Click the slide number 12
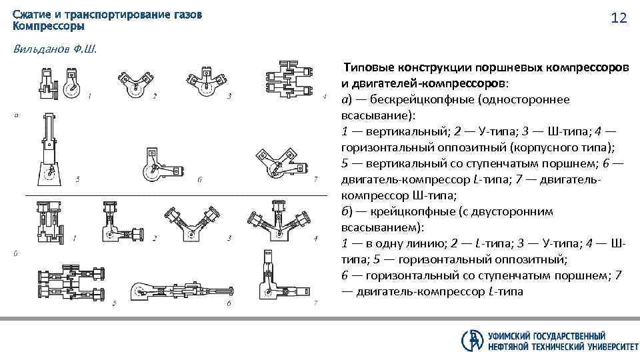(619, 18)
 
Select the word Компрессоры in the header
(49, 27)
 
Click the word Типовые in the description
(369, 68)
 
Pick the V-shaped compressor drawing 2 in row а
(135, 83)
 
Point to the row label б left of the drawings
(16, 253)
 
